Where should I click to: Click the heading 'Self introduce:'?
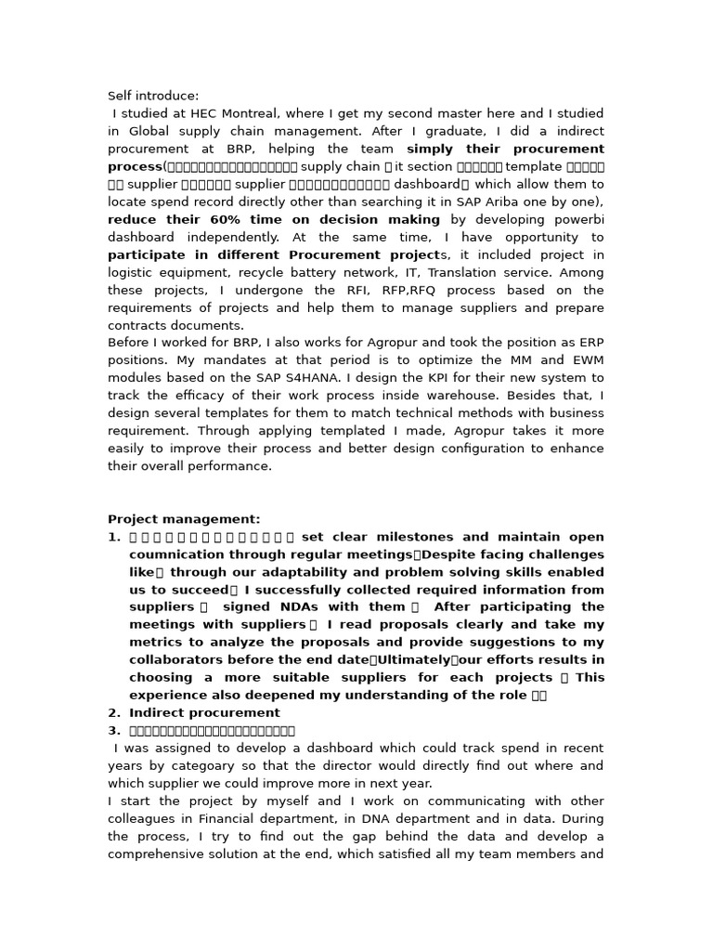153,96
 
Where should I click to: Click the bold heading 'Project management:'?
184,519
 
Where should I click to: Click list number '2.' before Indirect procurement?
114,713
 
